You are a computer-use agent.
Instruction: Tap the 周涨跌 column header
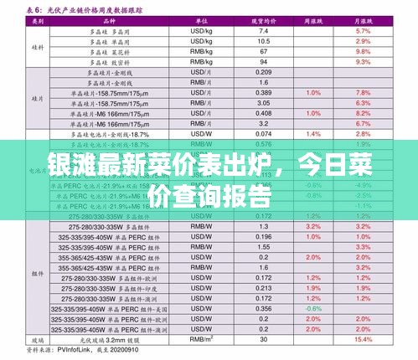313,19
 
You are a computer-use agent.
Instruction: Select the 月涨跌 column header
364,19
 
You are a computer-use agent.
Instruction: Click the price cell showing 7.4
263,30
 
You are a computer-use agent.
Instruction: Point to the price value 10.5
263,41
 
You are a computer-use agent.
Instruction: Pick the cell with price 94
263,62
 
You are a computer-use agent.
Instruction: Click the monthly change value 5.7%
364,30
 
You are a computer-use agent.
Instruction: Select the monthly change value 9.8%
364,51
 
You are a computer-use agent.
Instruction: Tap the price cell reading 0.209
263,73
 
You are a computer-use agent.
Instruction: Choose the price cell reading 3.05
263,102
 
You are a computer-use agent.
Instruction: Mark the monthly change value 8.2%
364,112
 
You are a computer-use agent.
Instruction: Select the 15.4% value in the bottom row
364,338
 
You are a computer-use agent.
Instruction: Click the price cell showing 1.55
263,246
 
